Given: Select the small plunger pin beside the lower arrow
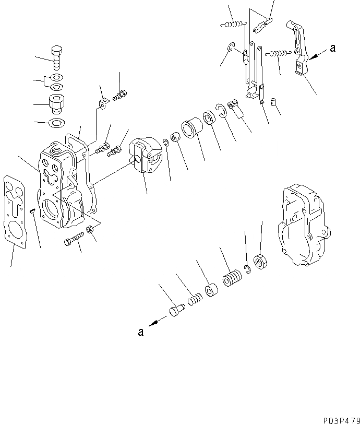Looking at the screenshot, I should [175, 312].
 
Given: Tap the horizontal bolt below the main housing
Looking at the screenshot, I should [74, 240].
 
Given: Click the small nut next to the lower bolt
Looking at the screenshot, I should [90, 229].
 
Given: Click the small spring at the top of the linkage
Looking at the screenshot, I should [232, 23].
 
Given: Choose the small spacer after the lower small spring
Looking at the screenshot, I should [211, 290].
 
